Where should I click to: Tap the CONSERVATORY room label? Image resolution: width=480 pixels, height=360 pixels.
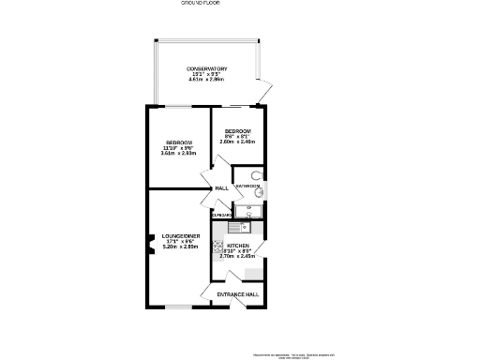pyautogui.click(x=206, y=69)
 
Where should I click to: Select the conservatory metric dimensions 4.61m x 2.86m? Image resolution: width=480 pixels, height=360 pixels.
pyautogui.click(x=206, y=82)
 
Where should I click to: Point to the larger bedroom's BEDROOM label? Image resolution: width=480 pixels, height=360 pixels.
pyautogui.click(x=179, y=142)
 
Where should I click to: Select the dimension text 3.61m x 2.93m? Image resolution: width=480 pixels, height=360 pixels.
pyautogui.click(x=179, y=154)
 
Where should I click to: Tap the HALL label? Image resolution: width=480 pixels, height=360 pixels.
pyautogui.click(x=221, y=188)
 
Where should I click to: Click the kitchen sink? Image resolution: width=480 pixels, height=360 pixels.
pyautogui.click(x=234, y=226)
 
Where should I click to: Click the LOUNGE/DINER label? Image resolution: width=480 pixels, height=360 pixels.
pyautogui.click(x=179, y=235)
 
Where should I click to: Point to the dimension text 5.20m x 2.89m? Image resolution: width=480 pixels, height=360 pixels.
pyautogui.click(x=179, y=247)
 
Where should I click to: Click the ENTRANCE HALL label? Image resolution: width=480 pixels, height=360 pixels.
pyautogui.click(x=236, y=295)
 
